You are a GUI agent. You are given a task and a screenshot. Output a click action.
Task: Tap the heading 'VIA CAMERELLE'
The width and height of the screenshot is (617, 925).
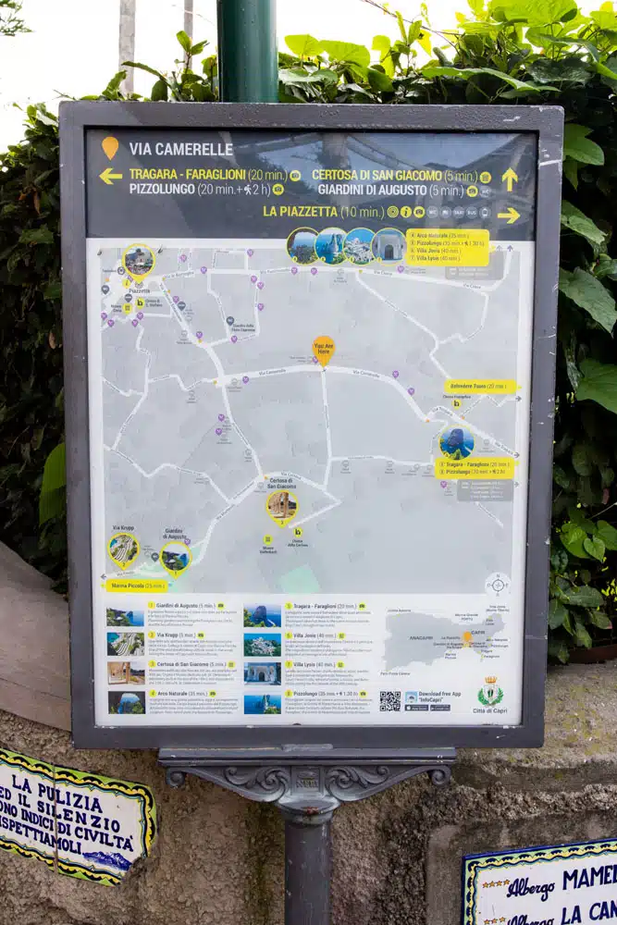pos(180,149)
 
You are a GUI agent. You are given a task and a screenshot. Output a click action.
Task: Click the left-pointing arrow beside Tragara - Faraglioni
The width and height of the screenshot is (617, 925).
pos(111,176)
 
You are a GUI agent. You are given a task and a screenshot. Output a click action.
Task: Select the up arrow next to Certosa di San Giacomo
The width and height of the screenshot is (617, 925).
pos(510,178)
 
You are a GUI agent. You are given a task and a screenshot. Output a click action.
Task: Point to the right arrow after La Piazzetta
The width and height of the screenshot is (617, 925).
pos(509,216)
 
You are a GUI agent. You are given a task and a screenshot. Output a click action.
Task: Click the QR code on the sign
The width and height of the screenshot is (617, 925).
pos(389,700)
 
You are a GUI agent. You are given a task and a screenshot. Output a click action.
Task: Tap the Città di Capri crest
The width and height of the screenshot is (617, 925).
pos(489,691)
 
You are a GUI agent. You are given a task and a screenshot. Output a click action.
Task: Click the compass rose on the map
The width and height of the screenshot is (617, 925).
pos(498,584)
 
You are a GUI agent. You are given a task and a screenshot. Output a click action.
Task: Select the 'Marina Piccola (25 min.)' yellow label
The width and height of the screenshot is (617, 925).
pos(137,585)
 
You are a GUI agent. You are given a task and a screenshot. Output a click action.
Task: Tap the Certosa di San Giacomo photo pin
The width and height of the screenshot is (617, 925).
pos(281,505)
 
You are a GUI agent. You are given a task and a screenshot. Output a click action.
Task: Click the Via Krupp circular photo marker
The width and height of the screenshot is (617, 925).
pos(123,548)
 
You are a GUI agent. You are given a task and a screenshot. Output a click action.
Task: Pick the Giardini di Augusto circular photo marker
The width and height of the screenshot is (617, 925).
pos(175,557)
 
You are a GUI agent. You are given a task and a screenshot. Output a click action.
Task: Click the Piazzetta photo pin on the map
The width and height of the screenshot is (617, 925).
pos(139,261)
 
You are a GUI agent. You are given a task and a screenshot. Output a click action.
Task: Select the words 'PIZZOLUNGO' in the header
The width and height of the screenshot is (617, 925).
pos(162,189)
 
